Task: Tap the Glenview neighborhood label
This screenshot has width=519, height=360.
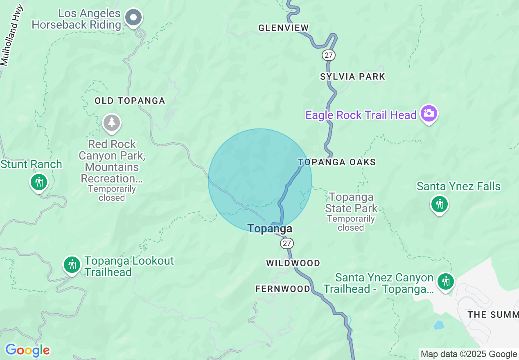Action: [x=283, y=28]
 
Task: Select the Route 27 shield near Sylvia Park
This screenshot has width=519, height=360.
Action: [x=328, y=55]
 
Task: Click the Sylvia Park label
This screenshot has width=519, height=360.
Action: [x=352, y=76]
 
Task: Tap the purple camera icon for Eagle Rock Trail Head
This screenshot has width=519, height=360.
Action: [x=429, y=113]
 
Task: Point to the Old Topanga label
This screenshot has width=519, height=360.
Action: [x=130, y=101]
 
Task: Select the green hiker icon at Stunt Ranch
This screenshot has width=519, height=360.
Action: [x=39, y=182]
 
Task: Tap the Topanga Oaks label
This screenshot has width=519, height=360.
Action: [x=337, y=162]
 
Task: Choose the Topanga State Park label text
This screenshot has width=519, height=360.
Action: [x=351, y=202]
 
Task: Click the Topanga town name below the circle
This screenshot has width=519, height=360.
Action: [x=270, y=228]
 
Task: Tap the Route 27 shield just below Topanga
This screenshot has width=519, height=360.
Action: [x=287, y=243]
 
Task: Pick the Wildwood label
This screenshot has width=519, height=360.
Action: [x=293, y=263]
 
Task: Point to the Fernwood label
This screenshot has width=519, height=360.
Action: [x=283, y=289]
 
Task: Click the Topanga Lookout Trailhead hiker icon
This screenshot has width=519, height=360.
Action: [x=72, y=265]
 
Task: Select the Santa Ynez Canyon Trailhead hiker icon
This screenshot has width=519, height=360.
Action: [x=445, y=281]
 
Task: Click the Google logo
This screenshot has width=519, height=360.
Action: [x=27, y=350]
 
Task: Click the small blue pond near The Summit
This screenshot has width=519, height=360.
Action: [x=439, y=325]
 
